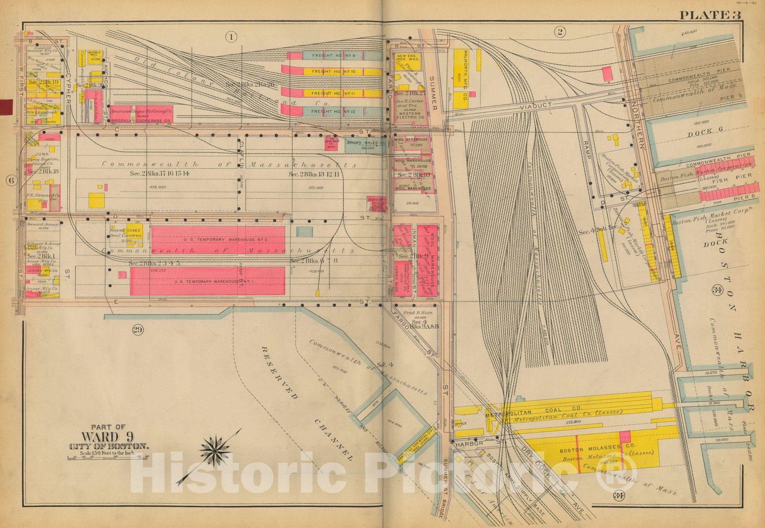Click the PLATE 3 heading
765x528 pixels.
pyautogui.click(x=710, y=15)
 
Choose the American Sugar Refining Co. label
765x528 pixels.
pyautogui.click(x=141, y=111)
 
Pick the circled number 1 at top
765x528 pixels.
pyautogui.click(x=231, y=36)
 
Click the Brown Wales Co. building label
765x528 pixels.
pyautogui.click(x=366, y=143)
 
